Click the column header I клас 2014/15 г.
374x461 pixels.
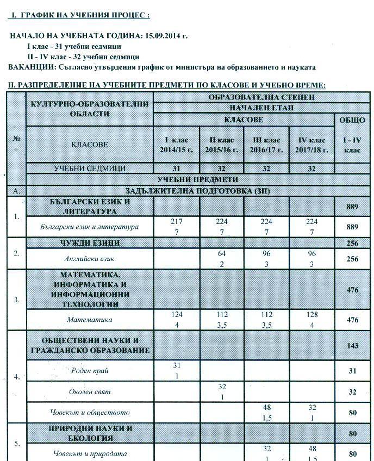pyautogui.click(x=176, y=145)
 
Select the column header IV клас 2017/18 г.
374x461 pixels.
pyautogui.click(x=311, y=145)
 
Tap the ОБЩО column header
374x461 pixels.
pyautogui.click(x=352, y=120)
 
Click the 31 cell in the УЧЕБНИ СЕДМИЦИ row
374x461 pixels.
pyautogui.click(x=176, y=169)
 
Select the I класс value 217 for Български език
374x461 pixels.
pyautogui.click(x=176, y=222)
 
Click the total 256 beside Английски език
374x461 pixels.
pyautogui.click(x=352, y=259)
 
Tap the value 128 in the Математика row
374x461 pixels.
pyautogui.click(x=311, y=315)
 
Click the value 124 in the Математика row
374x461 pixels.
pyautogui.click(x=176, y=315)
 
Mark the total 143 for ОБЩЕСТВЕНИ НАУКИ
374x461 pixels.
pyautogui.click(x=352, y=346)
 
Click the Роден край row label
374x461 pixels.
pyautogui.click(x=90, y=371)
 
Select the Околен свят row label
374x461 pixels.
pyautogui.click(x=90, y=391)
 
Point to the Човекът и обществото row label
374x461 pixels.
pyautogui.click(x=90, y=413)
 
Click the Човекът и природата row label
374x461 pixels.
pyautogui.click(x=90, y=453)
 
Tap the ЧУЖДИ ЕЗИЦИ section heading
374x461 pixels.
pyautogui.click(x=90, y=243)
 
